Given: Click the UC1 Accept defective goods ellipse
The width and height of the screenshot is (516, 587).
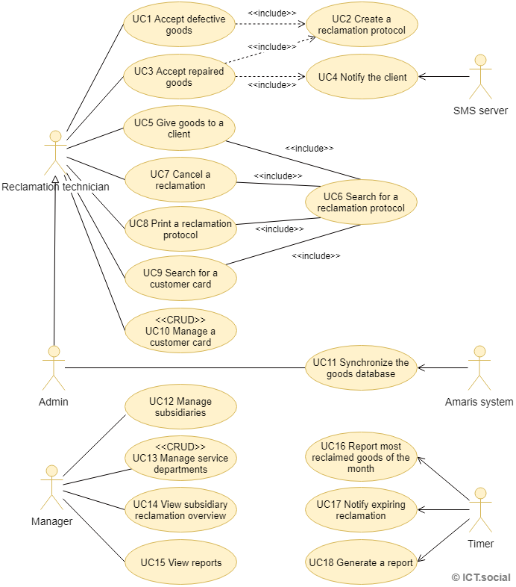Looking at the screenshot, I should click(179, 25).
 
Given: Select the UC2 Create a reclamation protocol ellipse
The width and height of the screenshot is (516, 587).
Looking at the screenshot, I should click(362, 25).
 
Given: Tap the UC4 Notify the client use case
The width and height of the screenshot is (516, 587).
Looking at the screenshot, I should click(362, 77).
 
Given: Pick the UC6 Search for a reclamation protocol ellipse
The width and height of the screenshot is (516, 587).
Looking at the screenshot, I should click(361, 202).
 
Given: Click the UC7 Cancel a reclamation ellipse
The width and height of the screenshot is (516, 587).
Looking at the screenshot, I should click(180, 179).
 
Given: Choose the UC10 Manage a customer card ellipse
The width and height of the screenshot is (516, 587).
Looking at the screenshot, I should click(180, 331).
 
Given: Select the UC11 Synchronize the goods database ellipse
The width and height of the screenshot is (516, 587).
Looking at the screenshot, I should click(361, 367).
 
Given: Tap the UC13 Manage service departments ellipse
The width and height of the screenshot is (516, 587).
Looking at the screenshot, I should click(180, 458).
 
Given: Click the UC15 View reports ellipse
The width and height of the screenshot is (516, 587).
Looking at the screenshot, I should click(180, 562).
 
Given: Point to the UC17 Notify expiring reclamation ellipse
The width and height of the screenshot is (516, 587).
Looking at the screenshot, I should click(361, 510).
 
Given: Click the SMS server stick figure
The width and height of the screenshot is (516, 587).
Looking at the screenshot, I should click(481, 77).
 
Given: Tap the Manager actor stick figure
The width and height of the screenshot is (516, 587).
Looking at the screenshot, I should click(51, 487).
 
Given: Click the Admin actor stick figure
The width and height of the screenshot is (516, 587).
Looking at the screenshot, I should click(54, 367).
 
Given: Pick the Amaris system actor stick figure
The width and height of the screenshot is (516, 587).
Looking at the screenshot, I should click(479, 367).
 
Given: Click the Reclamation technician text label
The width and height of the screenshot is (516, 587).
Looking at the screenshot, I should click(56, 187).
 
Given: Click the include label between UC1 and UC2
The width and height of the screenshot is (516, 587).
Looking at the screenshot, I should click(271, 13).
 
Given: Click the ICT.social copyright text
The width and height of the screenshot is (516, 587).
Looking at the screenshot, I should click(481, 577).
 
